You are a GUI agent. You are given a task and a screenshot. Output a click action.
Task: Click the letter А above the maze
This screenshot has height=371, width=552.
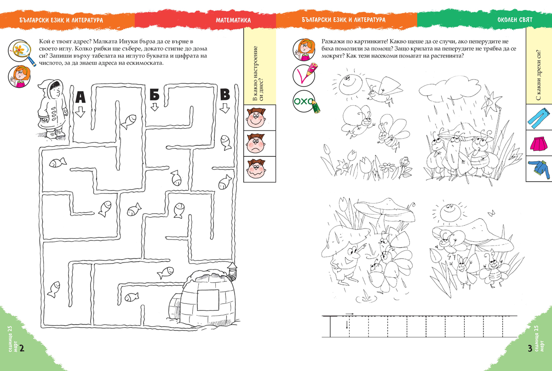tap(80, 97)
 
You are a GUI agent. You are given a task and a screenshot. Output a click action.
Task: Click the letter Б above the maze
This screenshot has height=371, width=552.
tap(155, 94)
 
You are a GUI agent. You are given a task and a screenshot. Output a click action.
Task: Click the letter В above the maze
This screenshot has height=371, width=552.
tap(225, 94)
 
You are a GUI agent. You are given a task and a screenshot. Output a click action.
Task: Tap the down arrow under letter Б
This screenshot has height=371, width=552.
tap(155, 107)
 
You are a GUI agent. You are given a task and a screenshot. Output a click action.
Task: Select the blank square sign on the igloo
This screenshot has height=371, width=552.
tap(208, 300)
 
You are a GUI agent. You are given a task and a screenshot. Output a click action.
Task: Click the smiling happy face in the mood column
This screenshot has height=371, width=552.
tap(256, 118)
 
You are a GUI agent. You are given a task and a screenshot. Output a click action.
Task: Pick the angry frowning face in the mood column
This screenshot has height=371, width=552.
tap(256, 143)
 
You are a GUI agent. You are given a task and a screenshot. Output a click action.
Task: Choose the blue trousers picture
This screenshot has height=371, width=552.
tap(539, 118)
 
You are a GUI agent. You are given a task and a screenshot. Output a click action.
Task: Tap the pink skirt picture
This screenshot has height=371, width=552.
tap(539, 144)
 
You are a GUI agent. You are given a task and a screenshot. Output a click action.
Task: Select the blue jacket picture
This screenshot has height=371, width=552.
tap(539, 169)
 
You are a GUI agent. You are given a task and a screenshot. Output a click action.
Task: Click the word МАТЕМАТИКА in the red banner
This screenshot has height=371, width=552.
tap(233, 20)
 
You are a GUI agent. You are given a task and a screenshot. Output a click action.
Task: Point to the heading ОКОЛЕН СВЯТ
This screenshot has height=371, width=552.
tap(515, 20)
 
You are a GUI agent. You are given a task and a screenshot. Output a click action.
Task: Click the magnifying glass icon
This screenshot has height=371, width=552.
tap(21, 52)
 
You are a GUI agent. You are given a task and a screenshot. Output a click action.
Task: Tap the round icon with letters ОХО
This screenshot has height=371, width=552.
tap(305, 102)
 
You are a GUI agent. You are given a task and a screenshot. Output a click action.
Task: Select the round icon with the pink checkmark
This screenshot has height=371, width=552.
tap(305, 74)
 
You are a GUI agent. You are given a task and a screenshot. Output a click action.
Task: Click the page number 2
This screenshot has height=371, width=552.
tap(22, 348)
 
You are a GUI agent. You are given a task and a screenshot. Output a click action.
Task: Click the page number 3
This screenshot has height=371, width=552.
tap(530, 348)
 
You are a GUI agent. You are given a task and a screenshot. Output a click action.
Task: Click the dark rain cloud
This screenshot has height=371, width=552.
tap(450, 87)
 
